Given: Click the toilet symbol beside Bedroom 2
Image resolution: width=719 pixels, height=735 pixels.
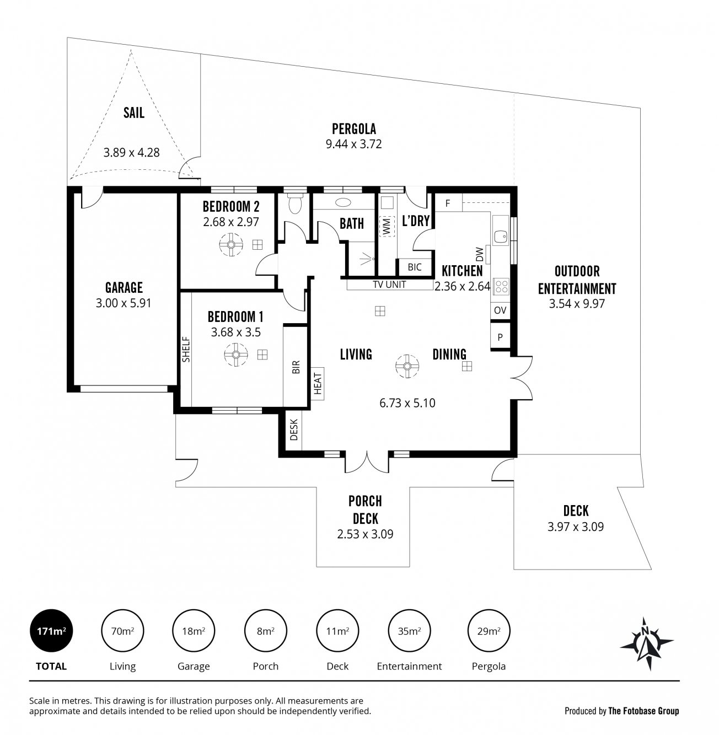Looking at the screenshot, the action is pos(294,203).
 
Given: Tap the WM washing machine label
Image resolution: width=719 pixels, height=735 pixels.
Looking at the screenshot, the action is pos(387,227).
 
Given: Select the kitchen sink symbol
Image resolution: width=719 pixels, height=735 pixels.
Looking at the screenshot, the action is pos(501,237).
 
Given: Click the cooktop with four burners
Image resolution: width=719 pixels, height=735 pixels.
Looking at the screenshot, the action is pos(501,286).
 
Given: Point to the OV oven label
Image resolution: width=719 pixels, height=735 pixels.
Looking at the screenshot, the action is pos(500,310).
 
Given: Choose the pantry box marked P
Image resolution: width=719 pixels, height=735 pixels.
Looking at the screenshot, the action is pos(500,336).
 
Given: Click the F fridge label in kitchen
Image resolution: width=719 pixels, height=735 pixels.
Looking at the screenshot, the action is pos(448,203).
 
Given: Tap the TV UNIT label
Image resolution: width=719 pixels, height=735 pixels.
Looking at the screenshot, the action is pos(389,285).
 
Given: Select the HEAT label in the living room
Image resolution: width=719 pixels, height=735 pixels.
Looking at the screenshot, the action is pos(318,383).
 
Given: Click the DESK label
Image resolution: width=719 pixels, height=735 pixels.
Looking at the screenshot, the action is pos(294,430).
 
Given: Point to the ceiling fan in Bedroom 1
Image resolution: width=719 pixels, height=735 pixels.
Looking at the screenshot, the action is pos(235,355).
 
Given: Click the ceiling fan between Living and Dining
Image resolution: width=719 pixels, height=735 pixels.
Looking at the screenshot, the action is pos(407,366).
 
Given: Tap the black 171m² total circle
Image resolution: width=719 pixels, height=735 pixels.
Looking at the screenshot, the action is pos(51,630).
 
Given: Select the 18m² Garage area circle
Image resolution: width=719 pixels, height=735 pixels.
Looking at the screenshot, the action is pos(194,630).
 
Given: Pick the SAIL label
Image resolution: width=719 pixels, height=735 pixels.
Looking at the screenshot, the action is pos(133,112).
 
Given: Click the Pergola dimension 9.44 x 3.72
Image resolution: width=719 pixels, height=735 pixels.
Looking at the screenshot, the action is pos(354,144).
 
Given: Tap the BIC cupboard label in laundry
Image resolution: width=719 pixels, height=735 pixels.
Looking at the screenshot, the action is pos(414,267).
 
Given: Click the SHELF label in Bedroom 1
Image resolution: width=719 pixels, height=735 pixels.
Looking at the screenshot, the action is pos(186,350).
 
